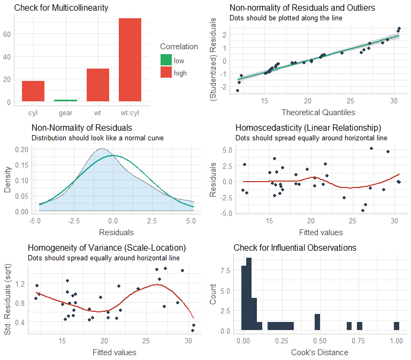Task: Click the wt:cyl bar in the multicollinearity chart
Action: coord(130,60)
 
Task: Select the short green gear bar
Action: coord(65,100)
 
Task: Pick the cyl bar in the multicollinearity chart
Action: coord(33,91)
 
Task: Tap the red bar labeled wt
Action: coord(98,85)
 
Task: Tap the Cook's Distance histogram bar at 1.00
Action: coord(397,326)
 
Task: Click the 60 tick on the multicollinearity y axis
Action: coord(7,33)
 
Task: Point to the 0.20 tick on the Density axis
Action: coord(20,149)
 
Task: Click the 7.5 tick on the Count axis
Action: coord(225,271)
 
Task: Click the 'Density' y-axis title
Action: coord(7,182)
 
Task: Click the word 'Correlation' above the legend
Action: coord(179,47)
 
